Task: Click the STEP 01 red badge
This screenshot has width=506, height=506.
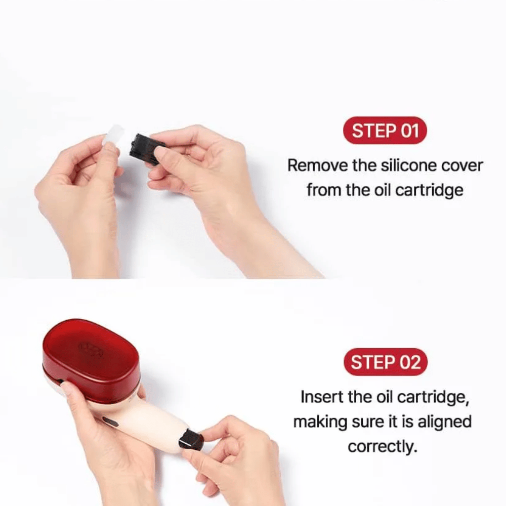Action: click(x=385, y=131)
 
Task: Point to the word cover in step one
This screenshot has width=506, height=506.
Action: click(x=459, y=165)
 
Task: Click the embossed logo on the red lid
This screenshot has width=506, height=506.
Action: click(x=89, y=348)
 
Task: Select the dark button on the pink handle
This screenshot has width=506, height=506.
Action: click(x=111, y=421)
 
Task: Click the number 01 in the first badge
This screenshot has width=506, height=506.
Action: click(x=409, y=131)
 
